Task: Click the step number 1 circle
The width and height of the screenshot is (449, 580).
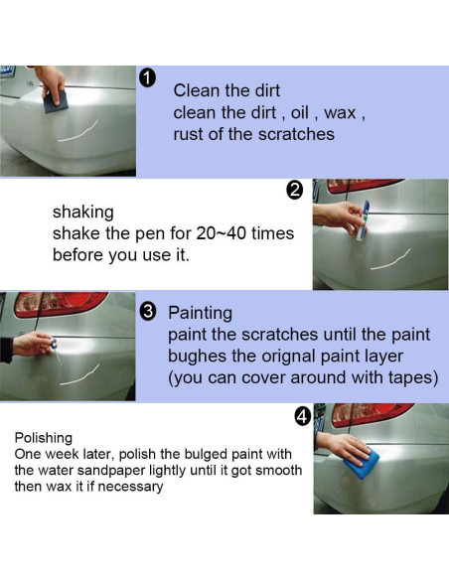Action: (147, 78)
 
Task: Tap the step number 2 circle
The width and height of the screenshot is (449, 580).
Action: (294, 191)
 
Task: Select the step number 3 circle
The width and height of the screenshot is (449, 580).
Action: (148, 312)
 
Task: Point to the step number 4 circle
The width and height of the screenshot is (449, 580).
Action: (303, 417)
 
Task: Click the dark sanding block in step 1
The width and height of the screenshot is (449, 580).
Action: (57, 101)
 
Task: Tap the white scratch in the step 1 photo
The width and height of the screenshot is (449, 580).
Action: (78, 132)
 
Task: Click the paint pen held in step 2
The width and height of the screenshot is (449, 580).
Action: (363, 220)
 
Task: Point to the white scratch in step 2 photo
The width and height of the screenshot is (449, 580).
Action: (390, 260)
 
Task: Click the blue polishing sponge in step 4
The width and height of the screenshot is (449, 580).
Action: (362, 462)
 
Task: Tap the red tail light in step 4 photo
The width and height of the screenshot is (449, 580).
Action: (372, 413)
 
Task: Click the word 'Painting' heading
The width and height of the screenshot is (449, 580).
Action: (200, 313)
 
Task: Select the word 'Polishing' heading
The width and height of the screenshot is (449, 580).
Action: (44, 438)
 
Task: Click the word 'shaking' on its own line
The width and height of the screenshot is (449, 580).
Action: (83, 213)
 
